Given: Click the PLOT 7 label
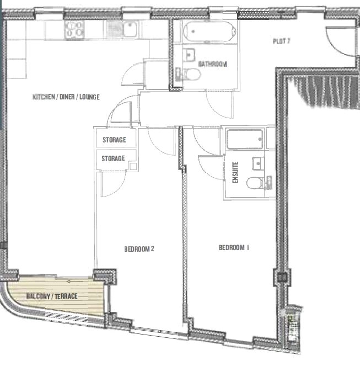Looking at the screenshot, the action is (x=281, y=41).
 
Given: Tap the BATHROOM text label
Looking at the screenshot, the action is (x=212, y=64).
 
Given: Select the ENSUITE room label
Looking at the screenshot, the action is (x=235, y=172).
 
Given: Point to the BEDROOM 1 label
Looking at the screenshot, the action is (x=234, y=248).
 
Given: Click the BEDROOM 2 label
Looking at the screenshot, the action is (x=139, y=249).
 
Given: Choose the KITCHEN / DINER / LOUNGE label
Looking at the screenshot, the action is (x=66, y=97).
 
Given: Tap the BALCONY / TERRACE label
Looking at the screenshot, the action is (x=52, y=296).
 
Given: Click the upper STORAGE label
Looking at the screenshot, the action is (x=114, y=140).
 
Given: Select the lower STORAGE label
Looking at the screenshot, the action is (x=114, y=158).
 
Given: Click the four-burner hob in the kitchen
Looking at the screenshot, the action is (x=74, y=29).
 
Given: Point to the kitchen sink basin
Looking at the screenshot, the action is (x=130, y=29).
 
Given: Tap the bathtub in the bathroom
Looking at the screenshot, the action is (x=209, y=31).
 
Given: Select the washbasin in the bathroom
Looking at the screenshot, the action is (x=189, y=55).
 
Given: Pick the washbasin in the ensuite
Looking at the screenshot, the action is (x=259, y=163).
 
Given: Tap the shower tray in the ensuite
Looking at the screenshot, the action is (x=245, y=139).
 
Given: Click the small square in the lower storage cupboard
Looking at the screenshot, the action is (x=133, y=166).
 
